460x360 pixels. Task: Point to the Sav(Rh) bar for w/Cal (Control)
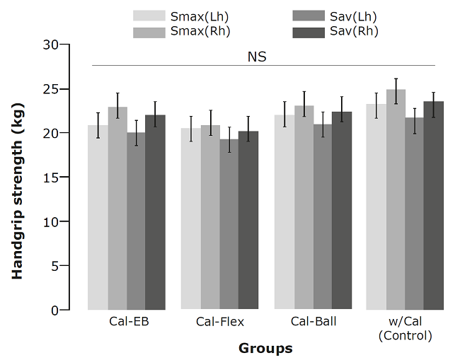(x=433, y=205)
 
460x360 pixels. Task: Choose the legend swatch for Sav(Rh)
(x=307, y=31)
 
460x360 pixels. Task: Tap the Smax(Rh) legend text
(x=200, y=31)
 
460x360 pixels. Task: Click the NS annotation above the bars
(x=257, y=57)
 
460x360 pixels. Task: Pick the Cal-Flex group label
(x=220, y=322)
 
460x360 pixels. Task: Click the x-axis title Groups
(x=265, y=348)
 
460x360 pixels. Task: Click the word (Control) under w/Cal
(x=406, y=335)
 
